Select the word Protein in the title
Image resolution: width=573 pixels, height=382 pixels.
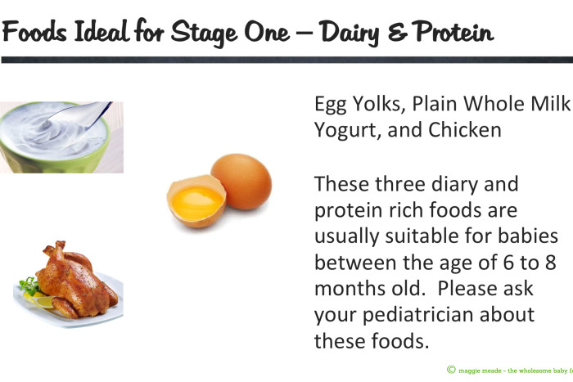click(x=451, y=32)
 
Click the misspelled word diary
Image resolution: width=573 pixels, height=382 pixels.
click(x=443, y=184)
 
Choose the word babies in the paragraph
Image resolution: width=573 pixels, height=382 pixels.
click(x=529, y=236)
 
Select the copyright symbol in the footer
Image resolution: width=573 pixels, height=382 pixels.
click(x=452, y=370)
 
